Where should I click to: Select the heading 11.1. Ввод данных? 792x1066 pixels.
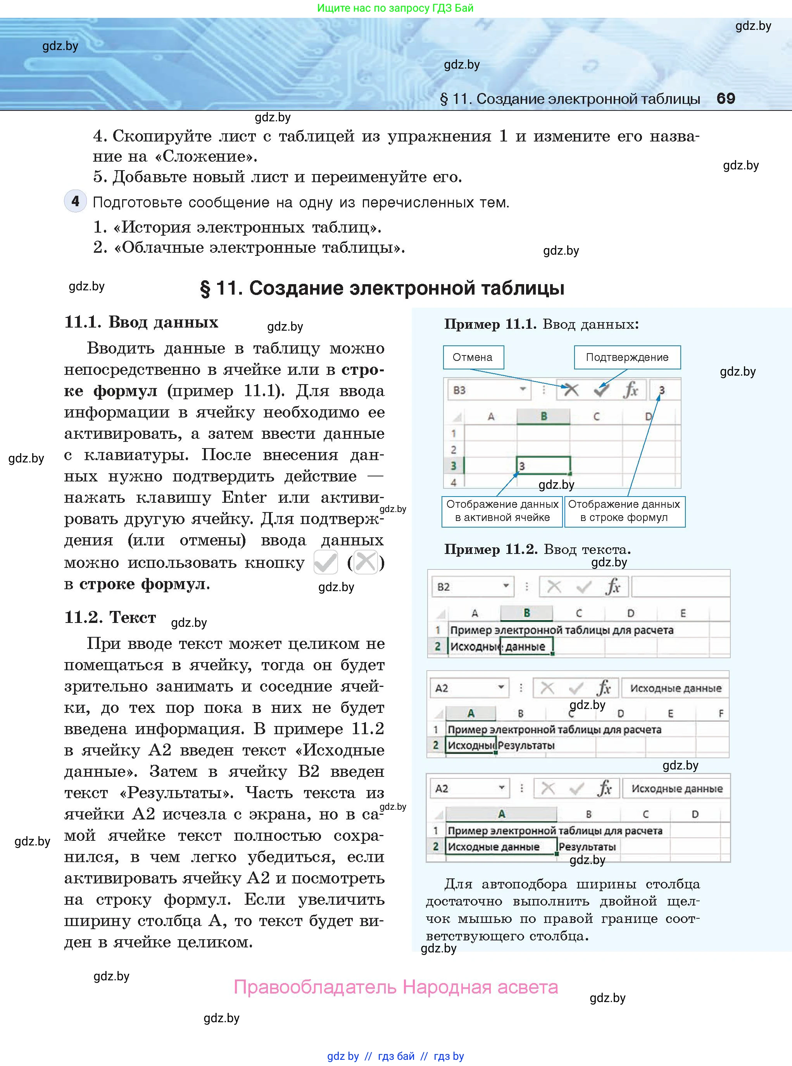(x=141, y=322)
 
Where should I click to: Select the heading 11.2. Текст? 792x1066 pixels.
(x=110, y=618)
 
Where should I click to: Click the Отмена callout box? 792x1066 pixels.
(x=473, y=357)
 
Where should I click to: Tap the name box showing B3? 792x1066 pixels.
(x=488, y=390)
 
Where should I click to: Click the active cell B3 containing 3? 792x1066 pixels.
(x=543, y=466)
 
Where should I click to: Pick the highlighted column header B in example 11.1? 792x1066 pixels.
(x=543, y=416)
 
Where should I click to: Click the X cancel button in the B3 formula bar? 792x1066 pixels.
(x=571, y=390)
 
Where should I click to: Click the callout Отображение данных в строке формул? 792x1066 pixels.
(x=624, y=511)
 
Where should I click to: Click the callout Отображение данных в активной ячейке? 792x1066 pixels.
(x=502, y=511)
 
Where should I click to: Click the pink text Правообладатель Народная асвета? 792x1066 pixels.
(x=395, y=987)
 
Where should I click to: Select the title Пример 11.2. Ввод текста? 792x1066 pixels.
(x=537, y=549)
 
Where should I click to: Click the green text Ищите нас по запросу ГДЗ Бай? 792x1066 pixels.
(x=395, y=8)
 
